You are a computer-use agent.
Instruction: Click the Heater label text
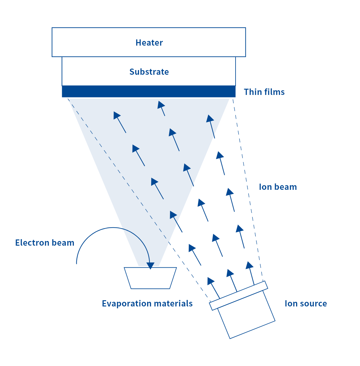tap(149, 42)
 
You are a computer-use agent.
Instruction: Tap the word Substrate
tap(149, 72)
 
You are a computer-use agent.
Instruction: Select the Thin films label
tap(264, 92)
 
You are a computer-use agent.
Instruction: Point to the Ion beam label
tap(278, 187)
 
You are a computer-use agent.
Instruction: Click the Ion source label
tap(306, 303)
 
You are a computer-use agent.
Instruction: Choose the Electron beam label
tap(45, 243)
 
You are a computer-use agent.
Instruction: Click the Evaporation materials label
tap(147, 303)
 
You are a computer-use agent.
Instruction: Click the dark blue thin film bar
tap(149, 91)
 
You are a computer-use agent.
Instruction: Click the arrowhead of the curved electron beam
tap(150, 266)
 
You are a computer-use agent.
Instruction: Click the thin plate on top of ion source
tap(238, 295)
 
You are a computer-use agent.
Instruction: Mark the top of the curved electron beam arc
tap(113, 228)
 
